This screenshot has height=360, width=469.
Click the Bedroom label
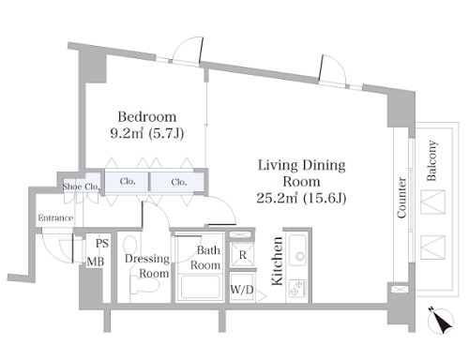pos(147,117)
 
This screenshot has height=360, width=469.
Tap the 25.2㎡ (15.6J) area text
pos(301,198)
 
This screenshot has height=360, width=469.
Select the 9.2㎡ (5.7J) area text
pos(147,134)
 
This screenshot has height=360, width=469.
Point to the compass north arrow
pos(441,321)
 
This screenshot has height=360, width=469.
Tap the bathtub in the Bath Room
pos(200,288)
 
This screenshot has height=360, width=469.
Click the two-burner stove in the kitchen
pos(297,288)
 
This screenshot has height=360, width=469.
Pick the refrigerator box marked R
pos(243,254)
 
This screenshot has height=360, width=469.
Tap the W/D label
pos(242,290)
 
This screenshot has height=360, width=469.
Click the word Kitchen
pos(277,262)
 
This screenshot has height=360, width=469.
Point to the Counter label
pos(401,198)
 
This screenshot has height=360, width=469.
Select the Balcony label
pos(431,160)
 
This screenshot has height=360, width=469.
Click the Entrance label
pos(55,217)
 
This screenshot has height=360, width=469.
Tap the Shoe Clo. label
pos(82,187)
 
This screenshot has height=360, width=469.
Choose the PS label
pos(102,243)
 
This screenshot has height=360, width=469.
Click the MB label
pos(96,262)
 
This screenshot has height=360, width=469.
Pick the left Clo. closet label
pos(128,181)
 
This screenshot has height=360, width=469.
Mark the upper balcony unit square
pos(432,202)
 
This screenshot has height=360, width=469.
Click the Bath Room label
pos(205,258)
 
